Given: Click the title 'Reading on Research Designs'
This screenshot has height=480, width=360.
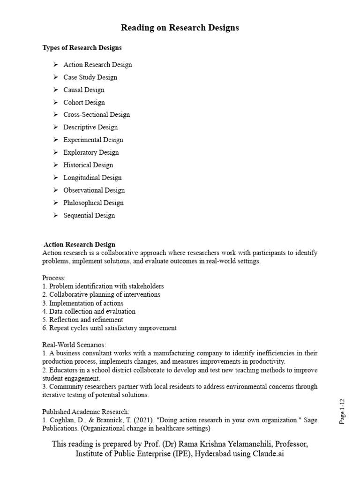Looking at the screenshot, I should [x=180, y=28].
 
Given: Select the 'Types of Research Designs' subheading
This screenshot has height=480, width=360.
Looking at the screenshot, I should [x=82, y=48].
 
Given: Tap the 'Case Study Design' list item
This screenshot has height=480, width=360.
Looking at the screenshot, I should [x=90, y=77].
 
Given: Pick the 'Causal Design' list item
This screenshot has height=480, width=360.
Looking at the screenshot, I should [x=84, y=90].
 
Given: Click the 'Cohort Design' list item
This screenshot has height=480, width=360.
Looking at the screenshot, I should [x=84, y=103].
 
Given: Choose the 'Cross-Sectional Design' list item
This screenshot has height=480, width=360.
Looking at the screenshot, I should [x=97, y=115].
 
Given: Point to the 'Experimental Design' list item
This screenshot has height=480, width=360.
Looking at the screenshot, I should [x=93, y=140].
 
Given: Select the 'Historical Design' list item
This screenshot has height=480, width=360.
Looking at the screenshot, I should [x=88, y=165].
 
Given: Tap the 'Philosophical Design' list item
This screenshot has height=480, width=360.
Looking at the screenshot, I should [x=94, y=203].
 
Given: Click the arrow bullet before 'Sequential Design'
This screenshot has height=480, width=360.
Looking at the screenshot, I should [x=55, y=216].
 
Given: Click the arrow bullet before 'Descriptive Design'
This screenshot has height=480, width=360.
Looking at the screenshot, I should [x=55, y=127].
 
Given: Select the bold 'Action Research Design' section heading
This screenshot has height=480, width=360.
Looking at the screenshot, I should [x=79, y=245].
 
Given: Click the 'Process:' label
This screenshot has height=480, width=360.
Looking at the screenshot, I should [x=54, y=278].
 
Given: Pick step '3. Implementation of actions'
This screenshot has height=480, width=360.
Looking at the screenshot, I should [x=83, y=303].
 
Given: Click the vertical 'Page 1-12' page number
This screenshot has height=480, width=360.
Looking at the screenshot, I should [x=342, y=412].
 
